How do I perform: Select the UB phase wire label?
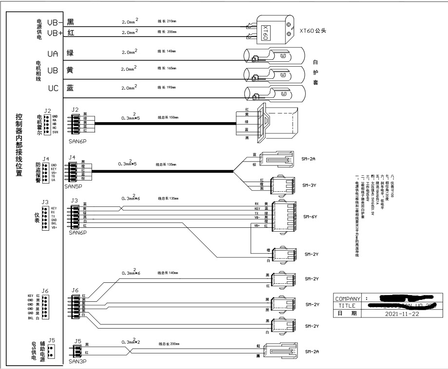click(x=53, y=70)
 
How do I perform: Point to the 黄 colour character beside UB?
click(x=70, y=70)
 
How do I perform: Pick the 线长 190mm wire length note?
click(x=167, y=88)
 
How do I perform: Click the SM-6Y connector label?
click(x=310, y=216)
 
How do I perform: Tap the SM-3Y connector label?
click(x=310, y=185)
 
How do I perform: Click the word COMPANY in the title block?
click(x=348, y=298)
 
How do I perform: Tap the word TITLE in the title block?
click(x=348, y=306)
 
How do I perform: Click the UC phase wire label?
click(x=53, y=88)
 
